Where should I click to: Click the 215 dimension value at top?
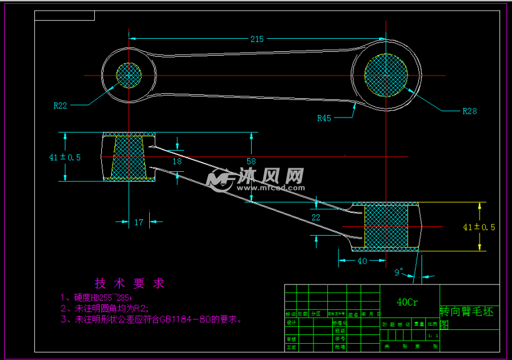pyautogui.click(x=257, y=39)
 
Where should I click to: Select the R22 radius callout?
pyautogui.click(x=60, y=106)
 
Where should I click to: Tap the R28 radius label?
pyautogui.click(x=470, y=111)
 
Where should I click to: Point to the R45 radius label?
pyautogui.click(x=324, y=117)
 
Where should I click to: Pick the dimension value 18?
pyautogui.click(x=177, y=161)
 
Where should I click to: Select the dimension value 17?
pyautogui.click(x=139, y=221)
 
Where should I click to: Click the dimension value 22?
pyautogui.click(x=315, y=217)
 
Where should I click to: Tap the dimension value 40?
pyautogui.click(x=362, y=261)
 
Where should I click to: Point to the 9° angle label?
pyautogui.click(x=399, y=272)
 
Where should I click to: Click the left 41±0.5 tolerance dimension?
pyautogui.click(x=65, y=157)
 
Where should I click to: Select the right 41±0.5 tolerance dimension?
pyautogui.click(x=479, y=227)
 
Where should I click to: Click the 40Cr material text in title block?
pyautogui.click(x=408, y=302)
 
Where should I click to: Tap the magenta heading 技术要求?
pyautogui.click(x=129, y=283)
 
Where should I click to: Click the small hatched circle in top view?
pyautogui.click(x=129, y=75)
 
